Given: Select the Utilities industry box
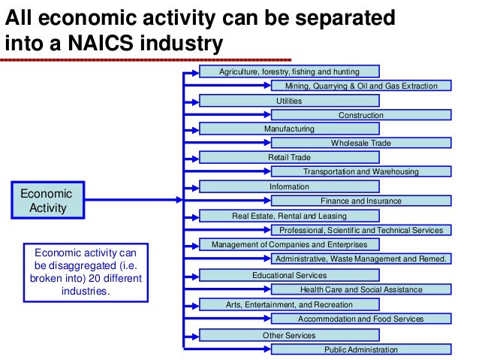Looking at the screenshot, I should (x=289, y=100).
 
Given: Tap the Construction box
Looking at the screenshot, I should (x=360, y=115).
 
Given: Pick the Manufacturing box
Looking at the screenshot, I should (x=289, y=129).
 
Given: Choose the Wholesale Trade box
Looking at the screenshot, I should (x=360, y=143).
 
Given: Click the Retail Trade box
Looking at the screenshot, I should (x=289, y=157).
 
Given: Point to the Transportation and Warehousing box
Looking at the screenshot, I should (x=360, y=171).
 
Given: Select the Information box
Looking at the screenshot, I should (x=289, y=186).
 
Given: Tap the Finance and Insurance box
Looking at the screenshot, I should (x=360, y=201).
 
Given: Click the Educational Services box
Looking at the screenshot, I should (x=289, y=276).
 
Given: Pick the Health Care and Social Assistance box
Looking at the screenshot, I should (x=360, y=289).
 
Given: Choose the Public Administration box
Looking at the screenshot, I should (x=360, y=349).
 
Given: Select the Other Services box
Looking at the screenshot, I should (x=289, y=335).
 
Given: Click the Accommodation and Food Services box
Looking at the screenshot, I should (x=360, y=319).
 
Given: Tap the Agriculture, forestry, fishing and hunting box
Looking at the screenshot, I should (x=289, y=71).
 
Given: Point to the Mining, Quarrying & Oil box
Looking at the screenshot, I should (x=360, y=86).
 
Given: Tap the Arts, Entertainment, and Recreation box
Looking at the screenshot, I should (x=289, y=304).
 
